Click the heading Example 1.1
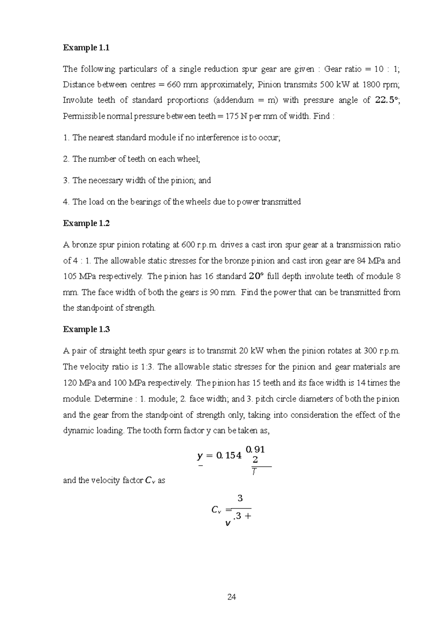(x=86, y=48)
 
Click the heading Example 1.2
(x=86, y=223)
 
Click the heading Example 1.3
(x=86, y=329)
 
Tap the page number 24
(x=232, y=597)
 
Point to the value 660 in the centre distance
(x=174, y=85)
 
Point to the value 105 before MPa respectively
(x=70, y=277)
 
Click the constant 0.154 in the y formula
(x=228, y=456)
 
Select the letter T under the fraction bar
(x=254, y=472)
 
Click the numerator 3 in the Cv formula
(x=240, y=499)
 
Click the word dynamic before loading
(x=78, y=431)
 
